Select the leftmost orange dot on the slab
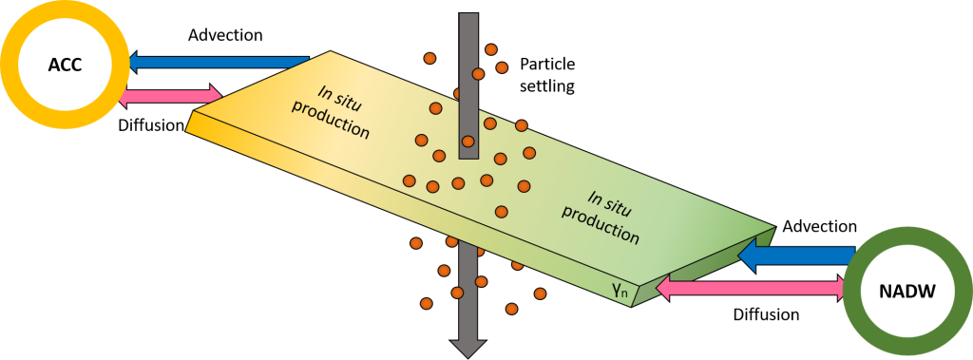pos(410,180)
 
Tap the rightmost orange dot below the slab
pos(540,294)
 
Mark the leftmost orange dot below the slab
pos(415,243)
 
